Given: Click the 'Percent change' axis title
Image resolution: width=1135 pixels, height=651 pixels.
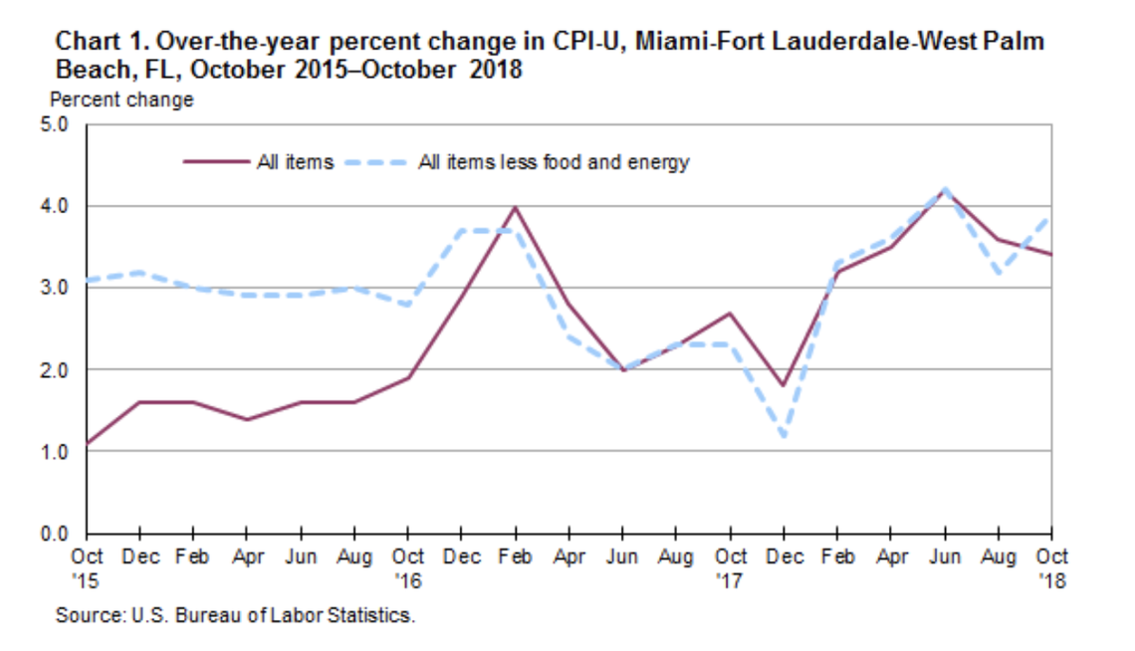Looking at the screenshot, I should (x=121, y=100).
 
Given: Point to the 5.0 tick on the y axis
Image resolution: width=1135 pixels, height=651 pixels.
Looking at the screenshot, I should (x=54, y=125).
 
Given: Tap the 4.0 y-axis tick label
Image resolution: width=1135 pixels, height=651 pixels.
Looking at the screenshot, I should (x=54, y=207).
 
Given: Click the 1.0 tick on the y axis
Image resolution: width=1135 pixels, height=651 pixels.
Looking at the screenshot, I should (x=54, y=452).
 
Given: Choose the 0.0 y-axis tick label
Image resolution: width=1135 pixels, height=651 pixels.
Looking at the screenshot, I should (x=54, y=534).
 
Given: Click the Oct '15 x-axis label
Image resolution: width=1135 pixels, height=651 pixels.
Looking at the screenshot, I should (x=89, y=565).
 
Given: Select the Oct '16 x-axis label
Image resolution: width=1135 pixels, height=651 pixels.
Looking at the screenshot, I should (x=409, y=565).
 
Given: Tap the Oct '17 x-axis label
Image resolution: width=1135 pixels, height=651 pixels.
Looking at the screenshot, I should (x=732, y=565).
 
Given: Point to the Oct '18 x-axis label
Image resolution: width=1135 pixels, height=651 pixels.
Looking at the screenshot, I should (x=1051, y=565).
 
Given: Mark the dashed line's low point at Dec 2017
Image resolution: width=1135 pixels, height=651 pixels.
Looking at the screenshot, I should (x=785, y=436).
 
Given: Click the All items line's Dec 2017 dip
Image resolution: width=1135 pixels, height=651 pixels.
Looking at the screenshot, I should (x=785, y=386).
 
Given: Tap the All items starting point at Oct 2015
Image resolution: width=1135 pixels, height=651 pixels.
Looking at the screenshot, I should (x=89, y=443).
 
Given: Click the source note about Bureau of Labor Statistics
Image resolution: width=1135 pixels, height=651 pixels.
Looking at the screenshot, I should (x=234, y=615).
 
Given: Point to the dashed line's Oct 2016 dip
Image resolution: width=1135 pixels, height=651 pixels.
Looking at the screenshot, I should (x=409, y=305).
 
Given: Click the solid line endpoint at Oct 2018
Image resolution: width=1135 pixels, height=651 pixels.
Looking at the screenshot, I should (x=1051, y=255).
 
